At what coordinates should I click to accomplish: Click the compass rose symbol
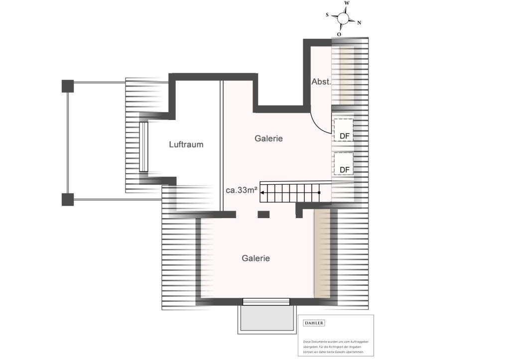click(343, 18)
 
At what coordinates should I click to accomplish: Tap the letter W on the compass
click(347, 3)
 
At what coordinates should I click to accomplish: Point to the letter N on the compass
click(359, 22)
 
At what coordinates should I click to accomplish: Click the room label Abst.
click(321, 82)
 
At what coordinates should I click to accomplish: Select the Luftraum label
click(186, 144)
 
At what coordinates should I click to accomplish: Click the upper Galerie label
click(268, 138)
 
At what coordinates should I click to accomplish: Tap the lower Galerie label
click(255, 258)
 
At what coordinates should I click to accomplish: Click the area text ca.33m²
click(242, 190)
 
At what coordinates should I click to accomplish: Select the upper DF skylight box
click(343, 129)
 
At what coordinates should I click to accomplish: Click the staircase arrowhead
click(264, 192)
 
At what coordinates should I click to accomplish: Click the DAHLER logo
click(314, 323)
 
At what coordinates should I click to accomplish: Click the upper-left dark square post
click(68, 86)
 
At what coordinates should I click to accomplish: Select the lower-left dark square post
click(68, 199)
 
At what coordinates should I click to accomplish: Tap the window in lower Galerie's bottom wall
click(266, 301)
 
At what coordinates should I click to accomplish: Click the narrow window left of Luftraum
click(143, 147)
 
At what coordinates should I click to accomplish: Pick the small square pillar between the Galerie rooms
click(263, 215)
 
